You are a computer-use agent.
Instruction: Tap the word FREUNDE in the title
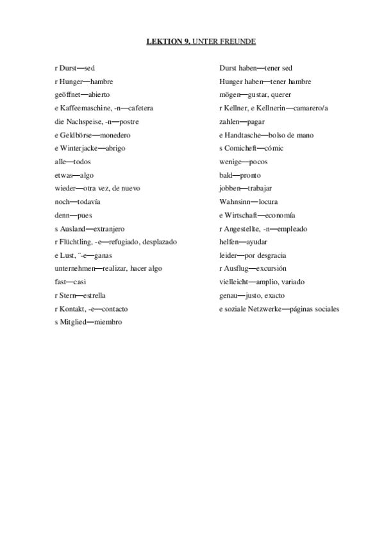[240, 42]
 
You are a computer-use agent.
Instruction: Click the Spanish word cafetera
[140, 108]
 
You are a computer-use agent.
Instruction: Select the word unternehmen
[76, 269]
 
